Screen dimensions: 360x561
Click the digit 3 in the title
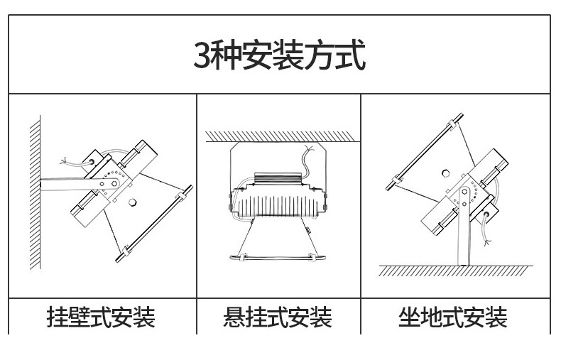click(x=202, y=56)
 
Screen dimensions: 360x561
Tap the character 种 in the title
click(x=228, y=56)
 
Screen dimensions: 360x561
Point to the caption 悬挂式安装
click(x=278, y=317)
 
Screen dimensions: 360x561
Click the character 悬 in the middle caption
click(x=234, y=317)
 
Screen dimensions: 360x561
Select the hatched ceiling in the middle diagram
click(x=278, y=136)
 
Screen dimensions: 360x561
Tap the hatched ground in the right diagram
click(x=454, y=271)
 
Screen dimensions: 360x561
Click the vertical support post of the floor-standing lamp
click(x=461, y=234)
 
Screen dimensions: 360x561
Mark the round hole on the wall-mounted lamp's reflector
click(x=132, y=204)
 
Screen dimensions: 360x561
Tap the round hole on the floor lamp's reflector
click(x=445, y=173)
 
